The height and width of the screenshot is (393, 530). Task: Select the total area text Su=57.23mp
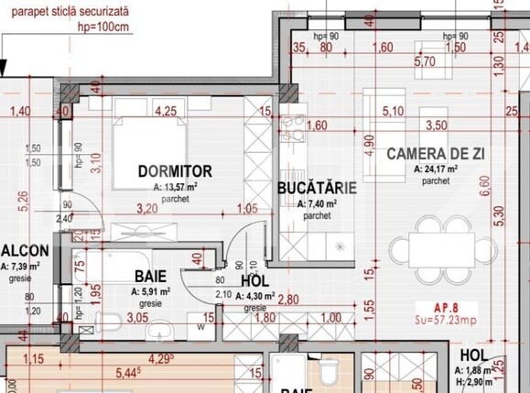[443, 322]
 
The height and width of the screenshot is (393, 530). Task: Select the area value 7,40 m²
[315, 203]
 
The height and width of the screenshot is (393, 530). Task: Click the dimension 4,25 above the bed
[166, 111]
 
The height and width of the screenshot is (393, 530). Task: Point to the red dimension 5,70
[424, 63]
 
